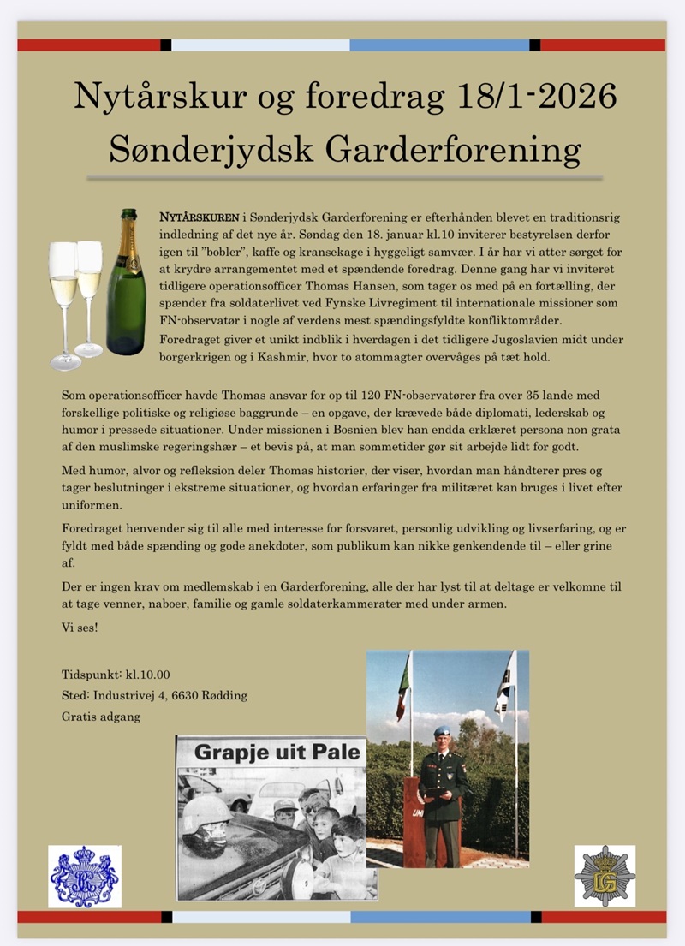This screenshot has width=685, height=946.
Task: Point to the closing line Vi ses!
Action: click(x=80, y=628)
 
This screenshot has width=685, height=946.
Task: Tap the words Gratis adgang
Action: click(x=101, y=716)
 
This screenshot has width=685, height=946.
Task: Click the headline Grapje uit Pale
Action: click(x=271, y=754)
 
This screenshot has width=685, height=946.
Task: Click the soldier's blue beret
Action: click(x=442, y=732)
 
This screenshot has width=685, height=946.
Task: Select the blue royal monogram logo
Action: click(x=84, y=876)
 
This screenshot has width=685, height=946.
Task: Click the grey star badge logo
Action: click(x=605, y=876)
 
